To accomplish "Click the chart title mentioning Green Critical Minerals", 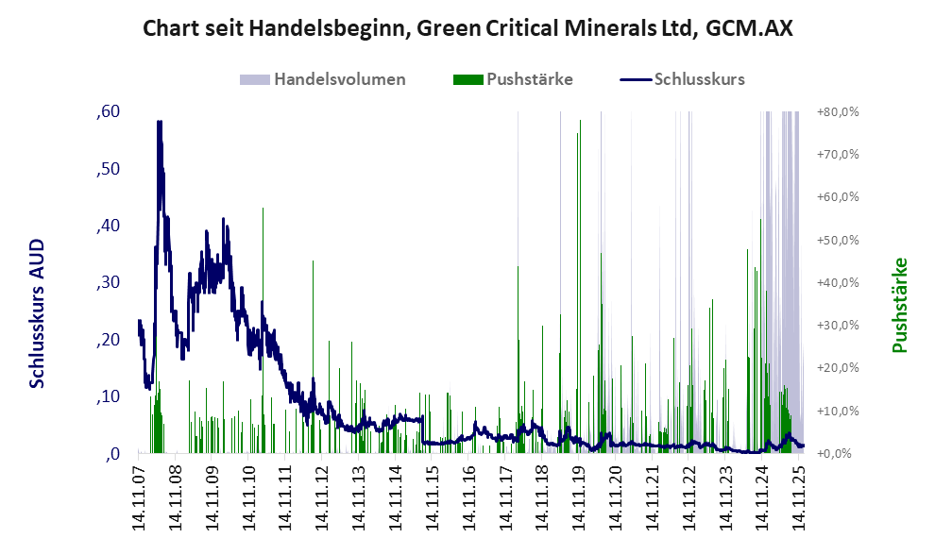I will tap(467, 28).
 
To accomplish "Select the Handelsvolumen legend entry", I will tap(339, 79).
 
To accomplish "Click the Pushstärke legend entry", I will tap(529, 79).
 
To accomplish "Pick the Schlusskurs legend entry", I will tap(699, 79).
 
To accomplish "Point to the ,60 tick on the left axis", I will tap(108, 112).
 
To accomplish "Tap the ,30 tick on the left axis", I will tap(108, 283).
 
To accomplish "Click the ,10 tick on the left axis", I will tap(108, 396).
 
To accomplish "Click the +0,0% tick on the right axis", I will tap(839, 453).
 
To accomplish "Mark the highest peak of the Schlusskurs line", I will tap(159, 122).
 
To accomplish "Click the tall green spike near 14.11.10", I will tap(263, 210).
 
